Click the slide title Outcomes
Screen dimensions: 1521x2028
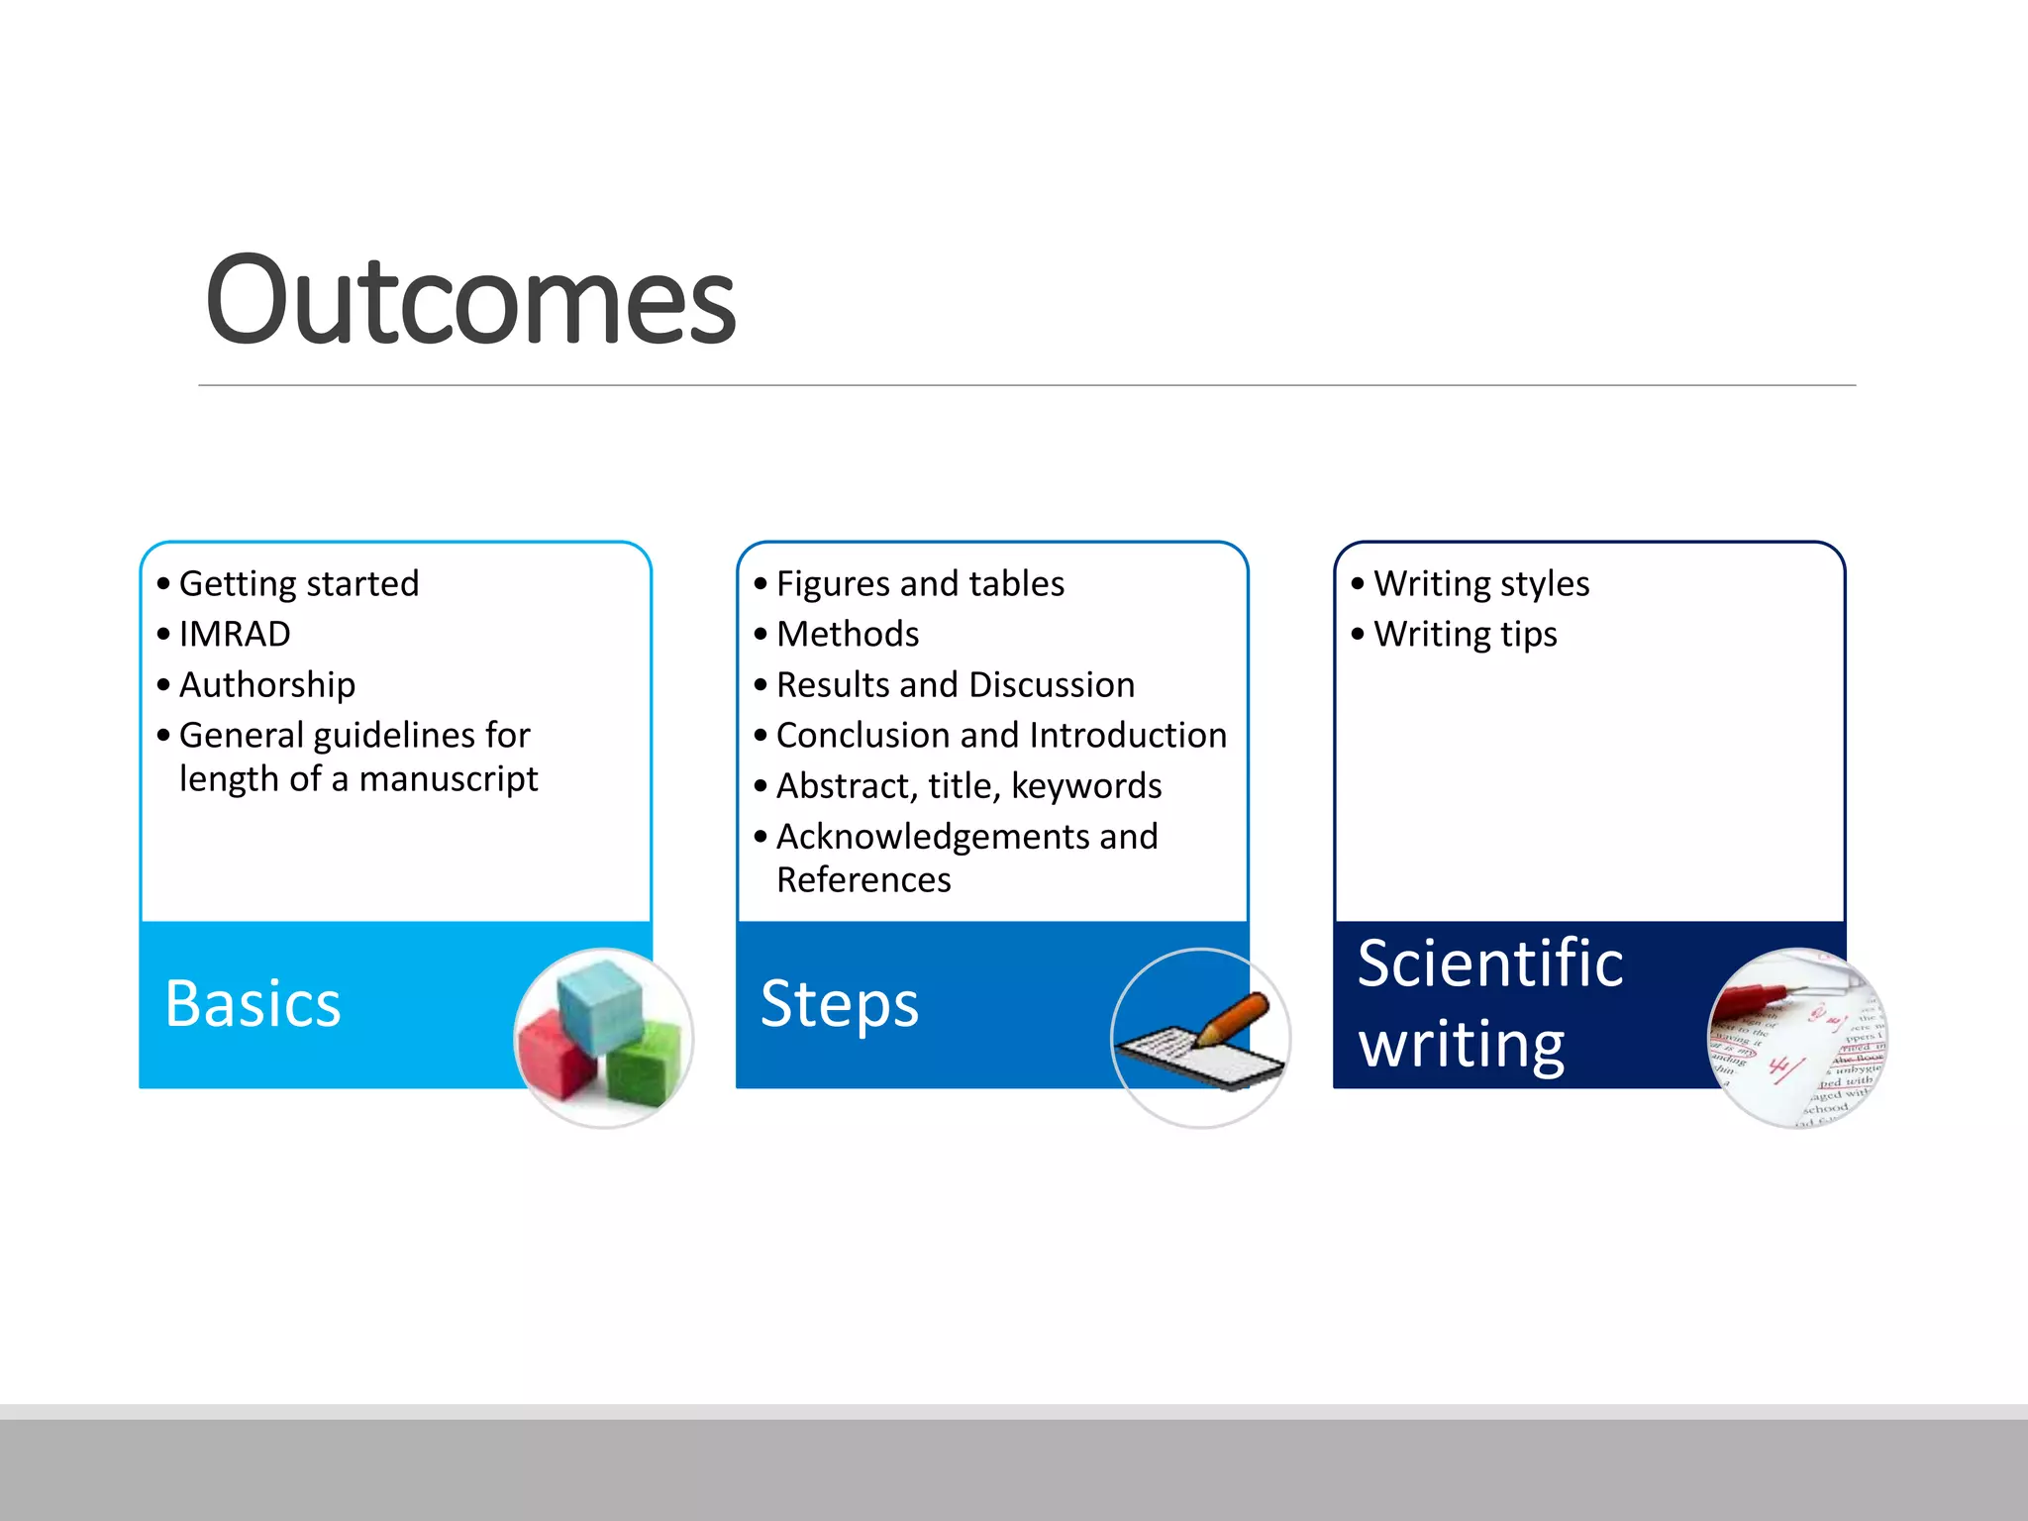click(x=469, y=300)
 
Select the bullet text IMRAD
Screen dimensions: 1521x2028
click(x=235, y=634)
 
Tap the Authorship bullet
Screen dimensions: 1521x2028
click(x=266, y=684)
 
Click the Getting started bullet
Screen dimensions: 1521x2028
click(x=298, y=583)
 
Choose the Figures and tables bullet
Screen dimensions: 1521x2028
click(x=919, y=583)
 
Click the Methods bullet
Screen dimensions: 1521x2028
click(x=847, y=634)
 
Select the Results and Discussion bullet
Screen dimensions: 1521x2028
click(x=955, y=684)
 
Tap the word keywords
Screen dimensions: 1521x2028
click(x=1086, y=786)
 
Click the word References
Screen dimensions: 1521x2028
click(x=862, y=879)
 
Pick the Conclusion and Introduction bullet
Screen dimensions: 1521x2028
click(x=1000, y=735)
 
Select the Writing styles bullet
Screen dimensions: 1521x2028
click(x=1480, y=583)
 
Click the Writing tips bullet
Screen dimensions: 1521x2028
click(x=1465, y=634)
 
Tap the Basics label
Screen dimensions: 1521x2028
click(x=253, y=1004)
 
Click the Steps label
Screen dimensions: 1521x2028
click(x=839, y=1004)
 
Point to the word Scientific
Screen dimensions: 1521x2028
click(x=1489, y=963)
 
